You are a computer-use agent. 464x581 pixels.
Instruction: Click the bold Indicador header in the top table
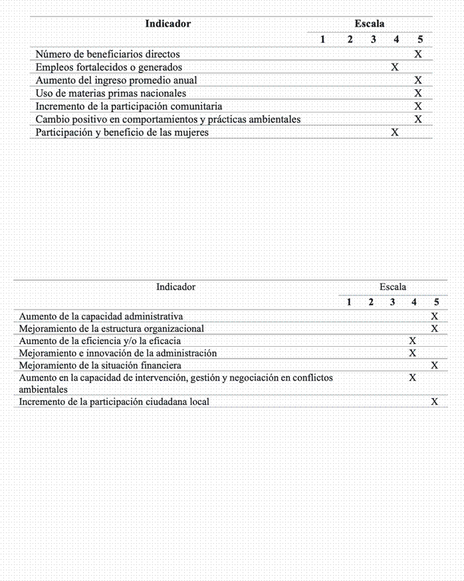[x=168, y=24]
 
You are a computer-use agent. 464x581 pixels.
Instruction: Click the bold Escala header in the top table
[x=370, y=24]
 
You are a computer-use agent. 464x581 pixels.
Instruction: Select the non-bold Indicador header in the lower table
[x=175, y=287]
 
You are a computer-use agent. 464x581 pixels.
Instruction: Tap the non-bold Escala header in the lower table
[x=393, y=287]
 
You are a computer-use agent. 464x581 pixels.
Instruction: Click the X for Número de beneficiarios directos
[x=418, y=54]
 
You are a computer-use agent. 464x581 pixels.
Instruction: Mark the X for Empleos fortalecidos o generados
[x=395, y=67]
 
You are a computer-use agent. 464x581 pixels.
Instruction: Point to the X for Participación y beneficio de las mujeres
[x=395, y=132]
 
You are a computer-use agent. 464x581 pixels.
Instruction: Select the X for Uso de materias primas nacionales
[x=418, y=93]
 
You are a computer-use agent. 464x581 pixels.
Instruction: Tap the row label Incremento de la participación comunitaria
[x=128, y=106]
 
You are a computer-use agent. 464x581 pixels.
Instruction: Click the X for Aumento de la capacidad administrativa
[x=435, y=316]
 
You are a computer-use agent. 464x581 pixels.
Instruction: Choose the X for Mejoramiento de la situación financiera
[x=435, y=365]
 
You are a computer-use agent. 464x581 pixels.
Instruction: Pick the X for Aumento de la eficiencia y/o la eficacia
[x=413, y=341]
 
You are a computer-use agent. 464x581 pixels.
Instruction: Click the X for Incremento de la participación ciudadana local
[x=435, y=402]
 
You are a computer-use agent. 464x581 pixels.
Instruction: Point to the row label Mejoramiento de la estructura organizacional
[x=111, y=329]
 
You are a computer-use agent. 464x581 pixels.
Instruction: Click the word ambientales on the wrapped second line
[x=44, y=389]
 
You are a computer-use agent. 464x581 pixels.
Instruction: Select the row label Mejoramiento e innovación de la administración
[x=118, y=353]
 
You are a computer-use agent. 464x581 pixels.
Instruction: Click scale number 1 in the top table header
[x=322, y=40]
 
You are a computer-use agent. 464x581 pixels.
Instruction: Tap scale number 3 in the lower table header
[x=392, y=303]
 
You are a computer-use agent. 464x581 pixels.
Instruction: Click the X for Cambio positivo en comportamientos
[x=418, y=119]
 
